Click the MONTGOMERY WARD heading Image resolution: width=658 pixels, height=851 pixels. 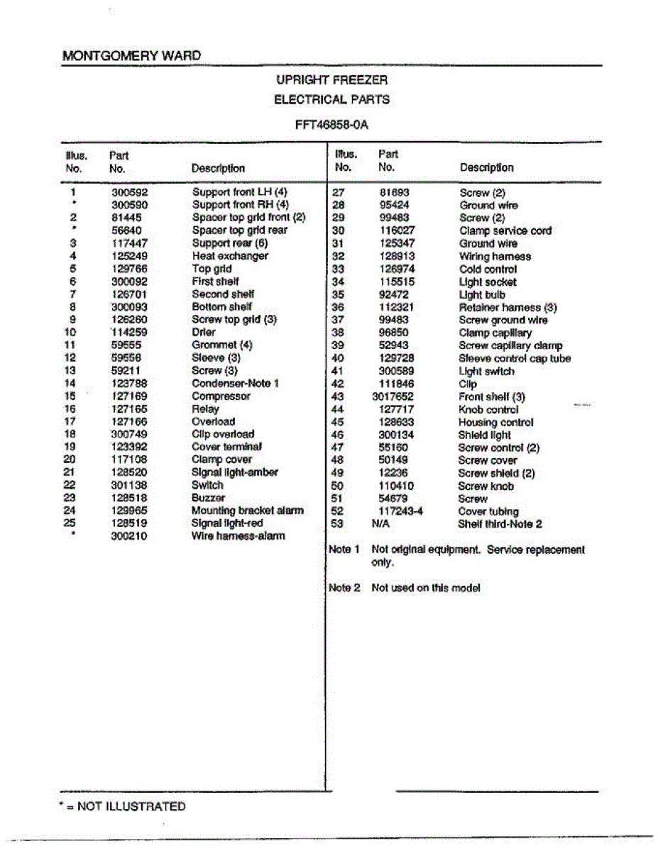point(131,55)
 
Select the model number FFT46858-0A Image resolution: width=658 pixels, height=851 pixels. point(331,125)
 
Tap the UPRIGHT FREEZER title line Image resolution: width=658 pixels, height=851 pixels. point(331,81)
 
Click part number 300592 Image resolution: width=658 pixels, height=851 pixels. point(130,192)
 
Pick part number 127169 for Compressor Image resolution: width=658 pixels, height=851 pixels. point(130,396)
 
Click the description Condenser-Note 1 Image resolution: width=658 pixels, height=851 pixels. point(235,384)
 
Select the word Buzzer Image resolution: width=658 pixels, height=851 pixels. point(208,499)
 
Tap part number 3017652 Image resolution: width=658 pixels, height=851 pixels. point(393,397)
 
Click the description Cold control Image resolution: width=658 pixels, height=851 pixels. point(488,269)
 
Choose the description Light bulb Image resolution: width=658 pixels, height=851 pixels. point(482,295)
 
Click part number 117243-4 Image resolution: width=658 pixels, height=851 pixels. point(400,512)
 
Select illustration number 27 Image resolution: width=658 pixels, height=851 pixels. point(339,193)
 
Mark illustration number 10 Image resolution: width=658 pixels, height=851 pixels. point(70,333)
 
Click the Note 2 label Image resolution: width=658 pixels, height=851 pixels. point(344,588)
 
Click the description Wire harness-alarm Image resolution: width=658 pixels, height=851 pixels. point(238,537)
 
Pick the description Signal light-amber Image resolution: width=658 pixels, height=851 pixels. point(235,473)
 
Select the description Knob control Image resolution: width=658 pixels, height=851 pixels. point(488,410)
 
